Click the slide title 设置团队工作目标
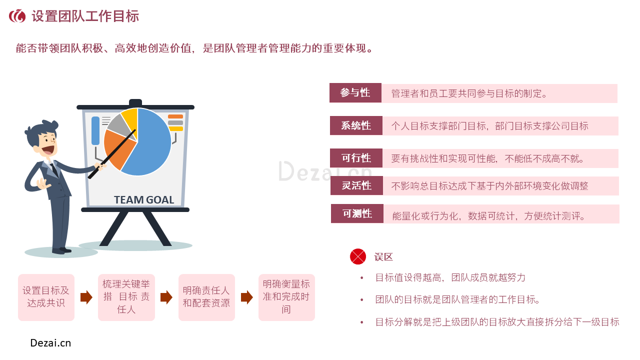coord(85,16)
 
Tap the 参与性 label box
coord(355,92)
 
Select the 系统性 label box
coord(356,125)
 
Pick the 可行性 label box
coord(356,158)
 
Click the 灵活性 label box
coord(356,185)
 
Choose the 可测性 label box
coord(357,213)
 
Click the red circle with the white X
coord(357,256)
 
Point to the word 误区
coord(383,257)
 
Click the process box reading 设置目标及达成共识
coord(46,297)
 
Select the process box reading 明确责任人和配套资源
coord(206,297)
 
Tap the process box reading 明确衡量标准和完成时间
coord(286,297)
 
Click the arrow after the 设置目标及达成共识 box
coord(86,297)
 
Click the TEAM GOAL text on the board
coord(144,199)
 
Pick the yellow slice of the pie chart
coord(129,120)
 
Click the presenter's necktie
coord(54,169)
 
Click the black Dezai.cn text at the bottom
coord(50,343)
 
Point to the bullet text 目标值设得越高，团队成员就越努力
coord(450,277)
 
